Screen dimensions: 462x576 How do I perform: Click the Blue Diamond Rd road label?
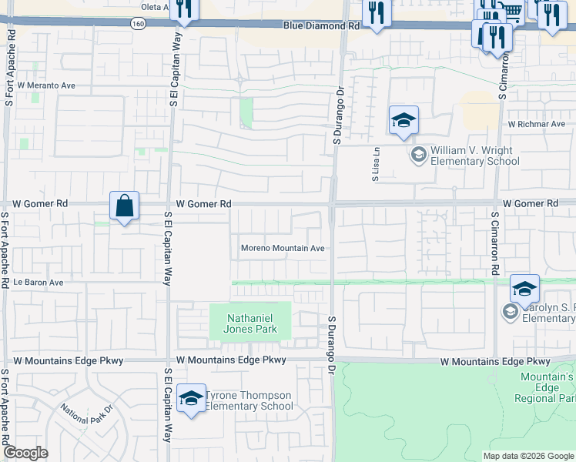click(322, 25)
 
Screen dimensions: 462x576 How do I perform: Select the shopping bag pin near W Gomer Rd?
click(124, 206)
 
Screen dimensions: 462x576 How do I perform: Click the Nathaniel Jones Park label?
click(250, 323)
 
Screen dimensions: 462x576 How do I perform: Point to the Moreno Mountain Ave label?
click(283, 248)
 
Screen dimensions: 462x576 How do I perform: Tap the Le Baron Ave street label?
click(38, 283)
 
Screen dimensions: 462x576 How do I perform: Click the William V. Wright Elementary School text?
click(474, 156)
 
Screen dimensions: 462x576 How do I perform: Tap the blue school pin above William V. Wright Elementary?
click(404, 121)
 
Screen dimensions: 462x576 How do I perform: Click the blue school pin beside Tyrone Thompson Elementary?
click(190, 398)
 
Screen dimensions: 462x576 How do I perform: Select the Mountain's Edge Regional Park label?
click(548, 387)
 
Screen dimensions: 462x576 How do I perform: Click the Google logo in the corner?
click(26, 453)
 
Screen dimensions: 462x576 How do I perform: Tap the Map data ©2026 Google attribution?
click(528, 456)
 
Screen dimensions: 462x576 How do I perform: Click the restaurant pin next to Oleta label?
click(185, 9)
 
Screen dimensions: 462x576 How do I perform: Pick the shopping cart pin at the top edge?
click(512, 11)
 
